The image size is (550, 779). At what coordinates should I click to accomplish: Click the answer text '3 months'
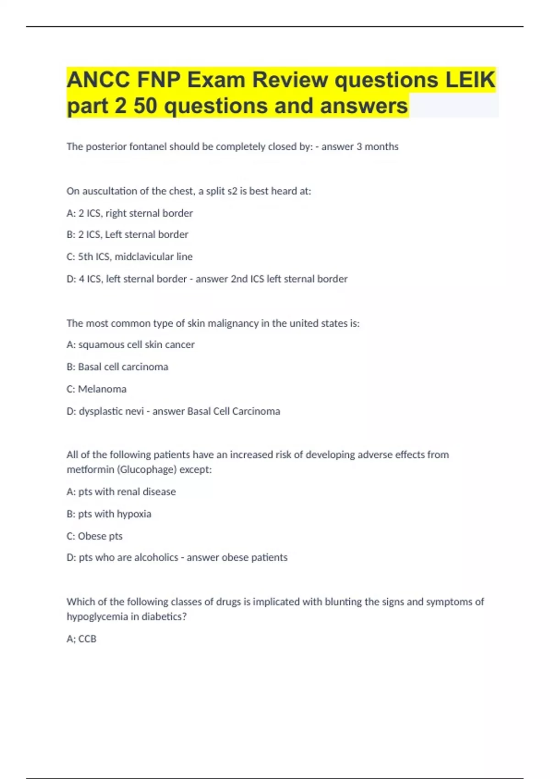pos(377,147)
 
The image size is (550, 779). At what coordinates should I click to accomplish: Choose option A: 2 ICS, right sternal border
pos(130,213)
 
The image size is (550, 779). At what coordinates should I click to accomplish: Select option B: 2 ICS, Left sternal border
pos(127,235)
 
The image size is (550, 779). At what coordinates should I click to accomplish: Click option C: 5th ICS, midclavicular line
pos(130,257)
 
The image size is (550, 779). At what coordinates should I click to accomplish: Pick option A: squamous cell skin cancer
pos(131,345)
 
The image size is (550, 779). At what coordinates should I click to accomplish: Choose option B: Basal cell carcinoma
pos(117,367)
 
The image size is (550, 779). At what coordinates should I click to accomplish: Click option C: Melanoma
pos(97,389)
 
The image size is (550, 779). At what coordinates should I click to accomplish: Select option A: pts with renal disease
pos(121,492)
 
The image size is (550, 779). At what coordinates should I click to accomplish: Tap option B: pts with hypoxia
pos(109,514)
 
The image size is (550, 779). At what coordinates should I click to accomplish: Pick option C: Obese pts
pos(95,536)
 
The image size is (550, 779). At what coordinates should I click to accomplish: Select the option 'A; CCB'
pos(82,639)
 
